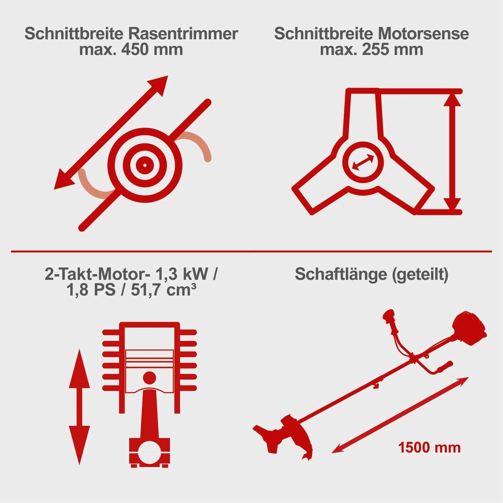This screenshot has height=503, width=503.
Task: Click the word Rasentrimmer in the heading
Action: [183, 34]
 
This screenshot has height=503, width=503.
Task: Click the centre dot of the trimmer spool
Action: [145, 164]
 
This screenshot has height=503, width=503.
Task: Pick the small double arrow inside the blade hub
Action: [363, 162]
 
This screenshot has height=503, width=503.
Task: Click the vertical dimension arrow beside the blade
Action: [451, 152]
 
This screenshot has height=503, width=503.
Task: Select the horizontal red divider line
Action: [251, 251]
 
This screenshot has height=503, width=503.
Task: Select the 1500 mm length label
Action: [429, 447]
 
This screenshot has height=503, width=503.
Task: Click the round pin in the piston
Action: [149, 378]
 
